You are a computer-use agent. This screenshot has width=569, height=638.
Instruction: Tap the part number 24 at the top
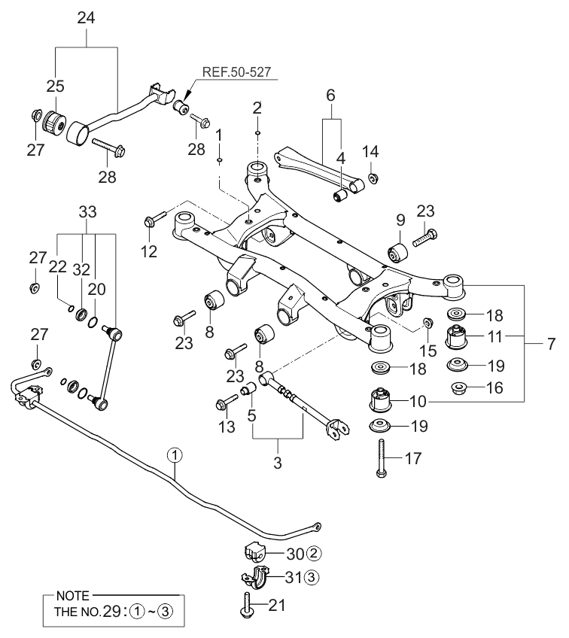pyautogui.click(x=87, y=20)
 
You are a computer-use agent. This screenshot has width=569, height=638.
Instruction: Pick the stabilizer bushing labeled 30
pyautogui.click(x=254, y=553)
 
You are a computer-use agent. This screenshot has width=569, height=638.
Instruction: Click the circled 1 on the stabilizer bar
pyautogui.click(x=175, y=454)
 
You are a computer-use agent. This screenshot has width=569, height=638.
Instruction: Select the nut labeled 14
pyautogui.click(x=373, y=178)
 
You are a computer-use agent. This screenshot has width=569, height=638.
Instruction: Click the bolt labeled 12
pyautogui.click(x=151, y=220)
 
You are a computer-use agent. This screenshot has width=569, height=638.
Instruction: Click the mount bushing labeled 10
pyautogui.click(x=381, y=398)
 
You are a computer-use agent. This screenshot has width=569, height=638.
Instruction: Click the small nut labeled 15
pyautogui.click(x=428, y=323)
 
